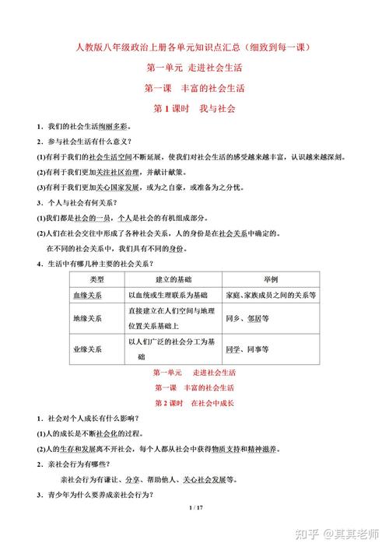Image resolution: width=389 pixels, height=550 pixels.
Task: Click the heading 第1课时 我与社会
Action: coord(194,108)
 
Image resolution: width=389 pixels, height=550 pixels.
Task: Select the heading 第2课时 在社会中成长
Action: coord(194,404)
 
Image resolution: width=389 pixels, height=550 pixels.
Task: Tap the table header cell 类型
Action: coord(97,279)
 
